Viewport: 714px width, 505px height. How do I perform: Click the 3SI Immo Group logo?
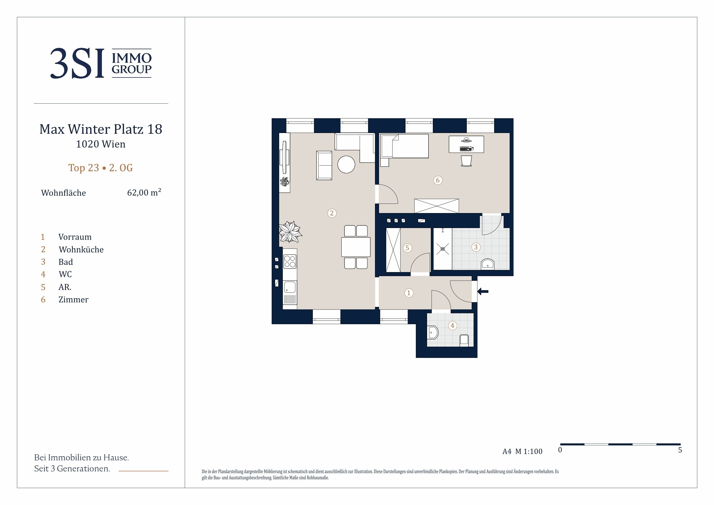point(101,63)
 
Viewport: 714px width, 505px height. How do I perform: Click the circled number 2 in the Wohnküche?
point(332,213)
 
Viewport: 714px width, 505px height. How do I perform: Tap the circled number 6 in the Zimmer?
point(438,180)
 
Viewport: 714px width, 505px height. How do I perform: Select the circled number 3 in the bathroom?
point(476,247)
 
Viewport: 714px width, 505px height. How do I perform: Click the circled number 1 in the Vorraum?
point(409,293)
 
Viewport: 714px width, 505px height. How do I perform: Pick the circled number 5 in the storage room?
point(408,248)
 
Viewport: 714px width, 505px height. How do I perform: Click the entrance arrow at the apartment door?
point(483,292)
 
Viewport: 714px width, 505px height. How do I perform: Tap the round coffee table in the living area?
point(346,164)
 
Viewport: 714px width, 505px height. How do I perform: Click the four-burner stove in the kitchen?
point(290,261)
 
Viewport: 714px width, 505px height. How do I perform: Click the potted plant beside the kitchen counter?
point(290,231)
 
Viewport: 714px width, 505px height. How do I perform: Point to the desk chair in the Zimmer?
point(466,161)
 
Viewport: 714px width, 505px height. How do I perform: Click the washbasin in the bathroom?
point(488,264)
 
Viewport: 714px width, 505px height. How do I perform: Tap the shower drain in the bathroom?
point(443,249)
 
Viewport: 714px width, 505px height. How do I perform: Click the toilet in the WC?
point(433,333)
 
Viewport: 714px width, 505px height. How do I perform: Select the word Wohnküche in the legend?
point(81,250)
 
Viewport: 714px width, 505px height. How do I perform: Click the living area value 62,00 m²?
point(144,192)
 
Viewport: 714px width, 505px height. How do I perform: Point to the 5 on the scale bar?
point(680,450)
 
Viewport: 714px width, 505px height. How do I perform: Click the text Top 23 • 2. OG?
point(100,168)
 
